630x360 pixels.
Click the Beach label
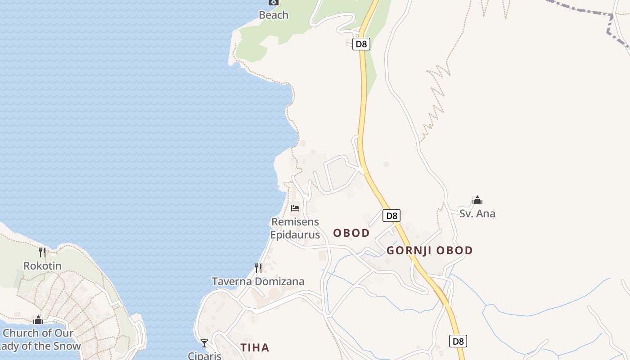(273, 15)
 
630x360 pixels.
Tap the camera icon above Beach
(273, 2)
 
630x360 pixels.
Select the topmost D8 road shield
(361, 44)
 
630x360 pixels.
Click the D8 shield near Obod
(391, 216)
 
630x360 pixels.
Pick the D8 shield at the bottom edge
(458, 341)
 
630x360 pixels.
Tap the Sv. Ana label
(477, 213)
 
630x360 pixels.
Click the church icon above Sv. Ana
(477, 200)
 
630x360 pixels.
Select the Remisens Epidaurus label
(295, 228)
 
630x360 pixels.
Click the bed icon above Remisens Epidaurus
(295, 208)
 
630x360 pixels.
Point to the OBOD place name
(351, 233)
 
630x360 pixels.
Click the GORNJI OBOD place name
(430, 250)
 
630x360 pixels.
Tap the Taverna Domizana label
(258, 281)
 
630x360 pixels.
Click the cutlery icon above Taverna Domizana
(258, 268)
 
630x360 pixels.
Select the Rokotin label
(42, 265)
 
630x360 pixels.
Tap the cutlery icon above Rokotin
(42, 252)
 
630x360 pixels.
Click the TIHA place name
(255, 347)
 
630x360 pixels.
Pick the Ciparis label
(205, 355)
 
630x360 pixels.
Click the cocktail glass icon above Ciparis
(204, 343)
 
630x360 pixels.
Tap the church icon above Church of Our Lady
(38, 320)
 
